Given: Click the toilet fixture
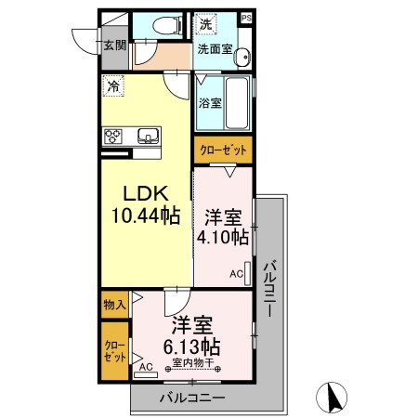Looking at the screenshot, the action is pyautogui.click(x=167, y=25).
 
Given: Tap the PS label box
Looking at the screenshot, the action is pyautogui.click(x=246, y=18).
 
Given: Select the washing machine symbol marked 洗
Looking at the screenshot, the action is pyautogui.click(x=205, y=24).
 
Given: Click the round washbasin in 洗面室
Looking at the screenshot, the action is pyautogui.click(x=242, y=57).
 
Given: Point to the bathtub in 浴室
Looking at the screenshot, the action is pyautogui.click(x=237, y=103).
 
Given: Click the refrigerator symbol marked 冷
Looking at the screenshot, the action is pyautogui.click(x=113, y=85).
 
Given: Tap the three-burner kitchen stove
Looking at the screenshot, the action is pyautogui.click(x=112, y=137).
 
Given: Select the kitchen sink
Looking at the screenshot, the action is pyautogui.click(x=148, y=136).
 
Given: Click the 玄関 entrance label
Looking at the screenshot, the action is pyautogui.click(x=115, y=46).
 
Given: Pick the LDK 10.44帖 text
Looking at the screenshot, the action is pyautogui.click(x=146, y=204).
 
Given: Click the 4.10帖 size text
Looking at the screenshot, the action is pyautogui.click(x=223, y=237).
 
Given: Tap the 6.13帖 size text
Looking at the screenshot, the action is pyautogui.click(x=191, y=346).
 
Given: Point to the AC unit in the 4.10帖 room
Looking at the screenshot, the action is pyautogui.click(x=247, y=273).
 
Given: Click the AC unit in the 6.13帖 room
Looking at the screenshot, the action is pyautogui.click(x=146, y=374).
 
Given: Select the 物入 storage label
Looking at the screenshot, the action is pyautogui.click(x=115, y=305).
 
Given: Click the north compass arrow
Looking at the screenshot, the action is pyautogui.click(x=333, y=398).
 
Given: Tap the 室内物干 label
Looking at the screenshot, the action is pyautogui.click(x=193, y=362).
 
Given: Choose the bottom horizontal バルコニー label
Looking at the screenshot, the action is pyautogui.click(x=192, y=398).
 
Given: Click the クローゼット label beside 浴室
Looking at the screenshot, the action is pyautogui.click(x=223, y=150).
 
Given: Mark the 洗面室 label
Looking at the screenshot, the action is pyautogui.click(x=216, y=48).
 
